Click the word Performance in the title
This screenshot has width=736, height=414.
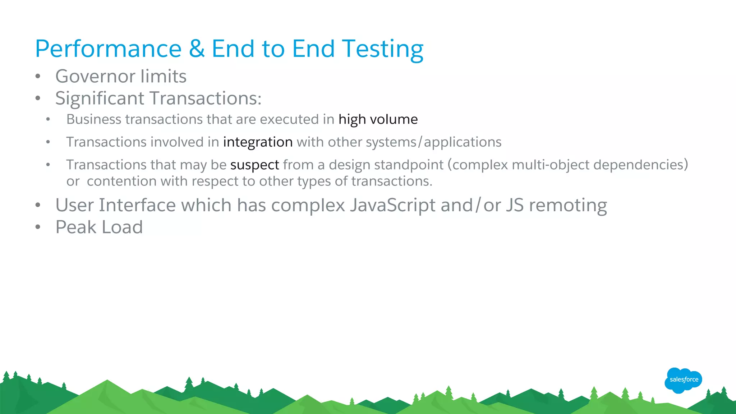pyautogui.click(x=108, y=49)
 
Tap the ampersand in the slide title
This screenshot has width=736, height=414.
pyautogui.click(x=197, y=49)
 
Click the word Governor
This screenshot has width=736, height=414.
pyautogui.click(x=95, y=77)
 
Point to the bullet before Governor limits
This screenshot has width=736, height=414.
pyautogui.click(x=38, y=77)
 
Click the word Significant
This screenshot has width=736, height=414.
pyautogui.click(x=100, y=98)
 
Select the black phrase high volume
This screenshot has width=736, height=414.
pyautogui.click(x=378, y=119)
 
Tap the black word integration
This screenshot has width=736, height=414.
pyautogui.click(x=258, y=142)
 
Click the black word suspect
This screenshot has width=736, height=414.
pyautogui.click(x=254, y=165)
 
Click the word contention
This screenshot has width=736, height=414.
pyautogui.click(x=122, y=181)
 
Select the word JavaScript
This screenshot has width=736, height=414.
pyautogui.click(x=393, y=206)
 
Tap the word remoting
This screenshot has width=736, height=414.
pyautogui.click(x=568, y=206)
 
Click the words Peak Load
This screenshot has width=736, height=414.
pyautogui.click(x=99, y=227)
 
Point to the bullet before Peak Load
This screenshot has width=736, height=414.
pyautogui.click(x=38, y=227)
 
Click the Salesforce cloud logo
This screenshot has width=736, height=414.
pyautogui.click(x=683, y=380)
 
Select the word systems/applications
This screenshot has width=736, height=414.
pyautogui.click(x=433, y=142)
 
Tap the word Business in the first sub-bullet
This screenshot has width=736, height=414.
pyautogui.click(x=94, y=119)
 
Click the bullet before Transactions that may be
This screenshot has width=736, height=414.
pyautogui.click(x=48, y=165)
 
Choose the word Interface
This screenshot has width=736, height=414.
pyautogui.click(x=137, y=206)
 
